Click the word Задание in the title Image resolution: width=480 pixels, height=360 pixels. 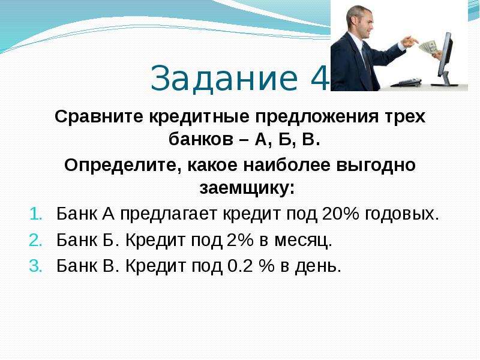224,78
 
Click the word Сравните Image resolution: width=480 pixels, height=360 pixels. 99,116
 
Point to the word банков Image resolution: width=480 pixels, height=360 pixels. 201,140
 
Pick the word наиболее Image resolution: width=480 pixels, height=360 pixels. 287,164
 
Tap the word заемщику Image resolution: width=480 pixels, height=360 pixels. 247,188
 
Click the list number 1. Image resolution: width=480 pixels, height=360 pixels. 35,214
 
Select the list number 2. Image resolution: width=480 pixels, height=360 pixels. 35,241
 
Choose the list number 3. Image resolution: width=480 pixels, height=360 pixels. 35,266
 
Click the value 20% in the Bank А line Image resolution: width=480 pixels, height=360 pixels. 340,214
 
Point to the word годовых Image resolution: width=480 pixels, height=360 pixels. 401,214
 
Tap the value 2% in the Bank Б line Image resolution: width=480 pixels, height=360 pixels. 240,239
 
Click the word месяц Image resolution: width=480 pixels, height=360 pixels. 303,241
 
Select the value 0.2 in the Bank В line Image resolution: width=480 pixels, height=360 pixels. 239,266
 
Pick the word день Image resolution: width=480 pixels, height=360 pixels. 318,266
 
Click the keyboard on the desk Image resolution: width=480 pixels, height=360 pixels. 407,82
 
